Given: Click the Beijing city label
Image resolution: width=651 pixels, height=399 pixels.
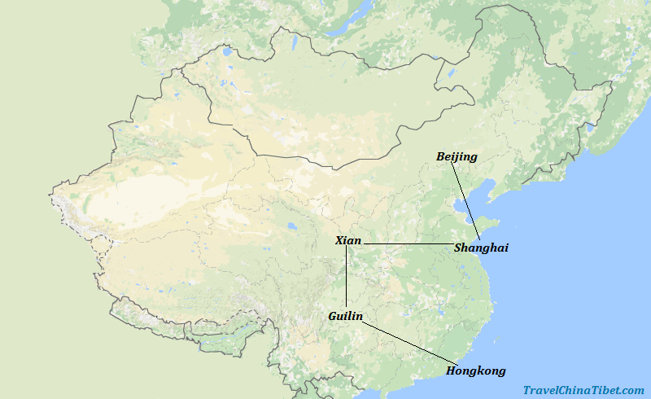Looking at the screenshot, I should click(457, 156).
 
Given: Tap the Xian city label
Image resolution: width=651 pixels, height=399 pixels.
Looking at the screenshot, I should click(348, 241).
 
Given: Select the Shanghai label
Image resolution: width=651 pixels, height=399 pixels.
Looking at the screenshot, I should click(481, 248).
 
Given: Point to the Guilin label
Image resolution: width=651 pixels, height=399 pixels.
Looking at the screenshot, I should click(346, 316).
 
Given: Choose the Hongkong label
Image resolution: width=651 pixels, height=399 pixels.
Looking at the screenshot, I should click(476, 371).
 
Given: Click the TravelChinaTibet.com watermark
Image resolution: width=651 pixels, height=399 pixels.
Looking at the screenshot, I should click(583, 391).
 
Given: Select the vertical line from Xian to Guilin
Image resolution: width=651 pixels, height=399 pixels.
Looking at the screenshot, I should click(347, 277).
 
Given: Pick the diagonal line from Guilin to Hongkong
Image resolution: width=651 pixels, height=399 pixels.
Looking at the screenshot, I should click(407, 342).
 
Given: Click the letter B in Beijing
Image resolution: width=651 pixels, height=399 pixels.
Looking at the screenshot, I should click(441, 156).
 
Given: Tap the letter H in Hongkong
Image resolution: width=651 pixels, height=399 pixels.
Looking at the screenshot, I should click(451, 371).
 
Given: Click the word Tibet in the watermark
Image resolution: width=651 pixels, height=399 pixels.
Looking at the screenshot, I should click(602, 391).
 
